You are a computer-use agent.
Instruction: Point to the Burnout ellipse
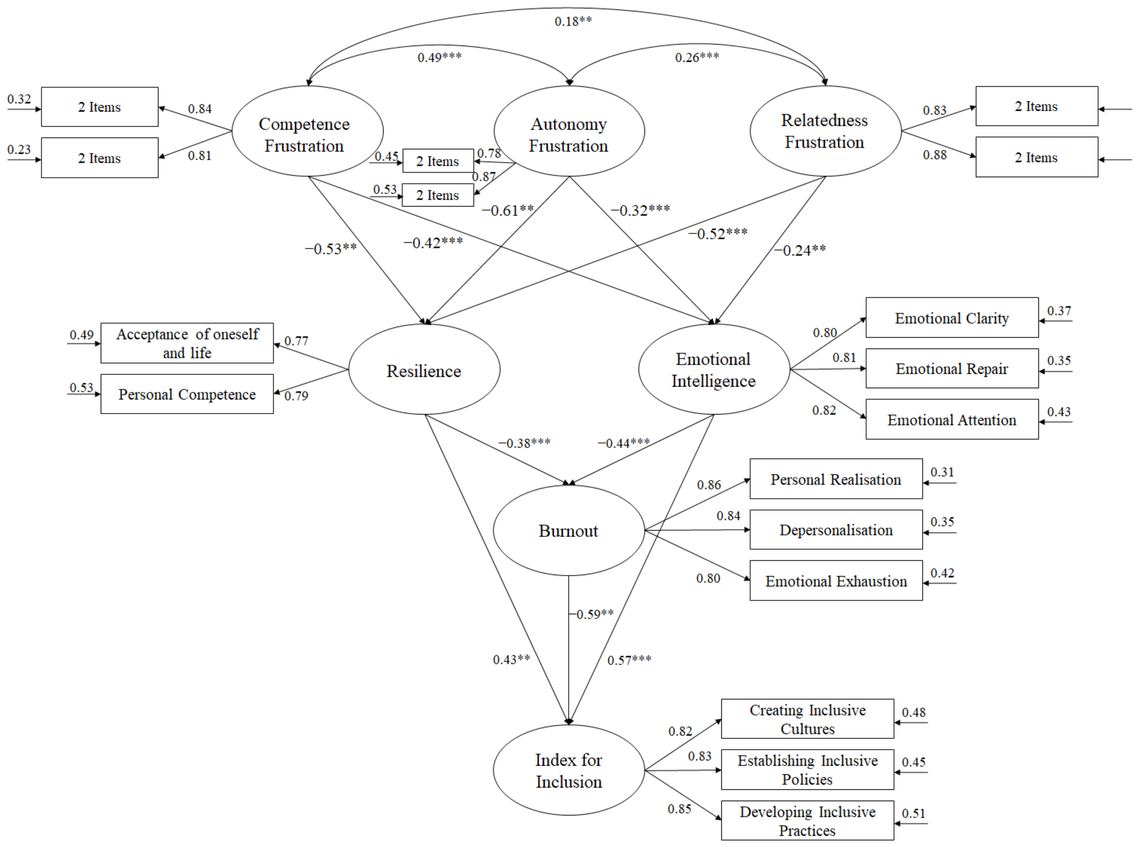[x=568, y=531]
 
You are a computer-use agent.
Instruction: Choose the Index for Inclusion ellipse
[x=568, y=770]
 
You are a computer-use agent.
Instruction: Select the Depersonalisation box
[x=836, y=530]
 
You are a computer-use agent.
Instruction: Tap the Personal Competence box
[x=187, y=394]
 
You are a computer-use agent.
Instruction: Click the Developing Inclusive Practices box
[x=807, y=820]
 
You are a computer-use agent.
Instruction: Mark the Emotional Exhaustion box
[x=836, y=581]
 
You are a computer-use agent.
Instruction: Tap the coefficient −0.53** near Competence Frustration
[x=331, y=249]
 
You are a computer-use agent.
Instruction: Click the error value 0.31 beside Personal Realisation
[x=942, y=472]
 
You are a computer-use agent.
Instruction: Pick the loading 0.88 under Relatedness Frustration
[x=934, y=155]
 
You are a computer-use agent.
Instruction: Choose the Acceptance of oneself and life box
[x=187, y=343]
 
